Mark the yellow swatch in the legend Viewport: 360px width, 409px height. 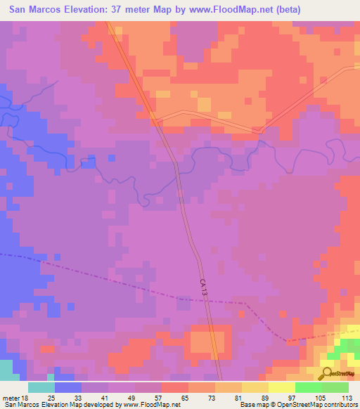pyautogui.click(x=282, y=387)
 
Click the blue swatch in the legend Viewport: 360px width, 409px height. pyautogui.click(x=68, y=387)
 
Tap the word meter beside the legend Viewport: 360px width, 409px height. pyautogui.click(x=12, y=398)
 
